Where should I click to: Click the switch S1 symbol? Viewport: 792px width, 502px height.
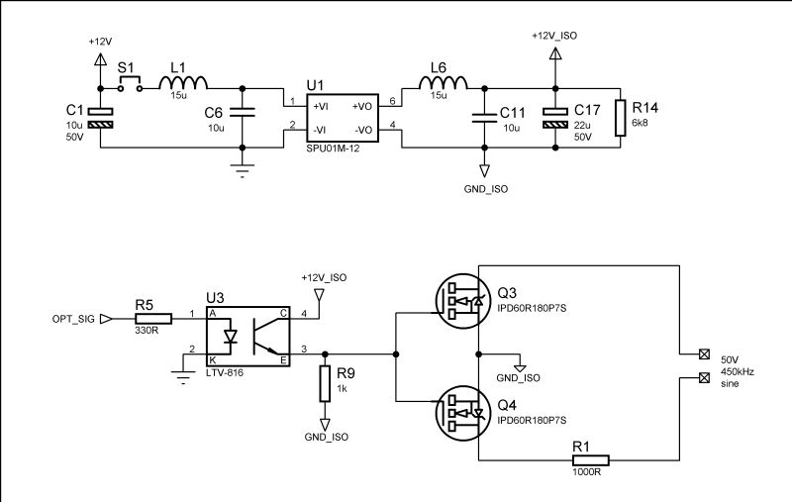coord(130,85)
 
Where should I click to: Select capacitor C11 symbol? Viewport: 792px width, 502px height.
coord(484,117)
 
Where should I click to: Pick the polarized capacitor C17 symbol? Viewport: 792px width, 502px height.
coord(557,117)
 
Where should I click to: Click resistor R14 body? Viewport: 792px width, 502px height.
coord(621,117)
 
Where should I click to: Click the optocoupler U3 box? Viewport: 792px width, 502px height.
coord(247,336)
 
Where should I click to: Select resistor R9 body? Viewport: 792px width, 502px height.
coord(324,384)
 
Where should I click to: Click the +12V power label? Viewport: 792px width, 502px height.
coord(100,43)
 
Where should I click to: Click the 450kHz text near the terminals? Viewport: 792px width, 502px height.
coord(739,370)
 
